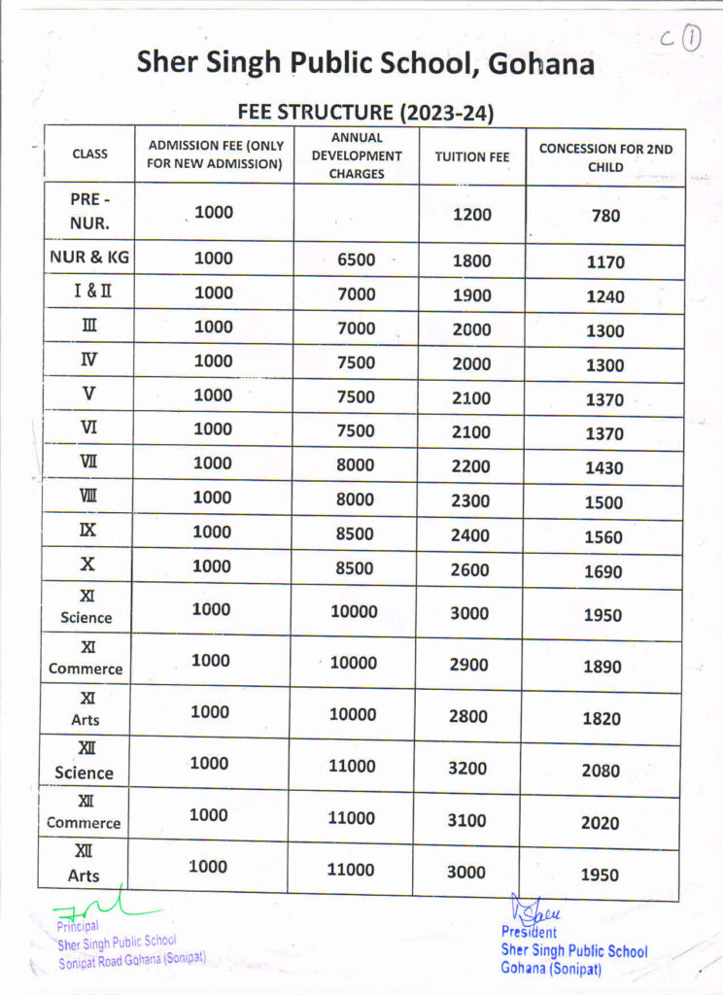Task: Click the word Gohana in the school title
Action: coord(540,65)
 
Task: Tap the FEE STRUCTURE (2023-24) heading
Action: coord(366,113)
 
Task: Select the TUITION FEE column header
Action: coord(472,155)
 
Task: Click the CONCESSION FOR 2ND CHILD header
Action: coord(605,157)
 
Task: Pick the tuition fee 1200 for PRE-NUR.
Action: coord(472,214)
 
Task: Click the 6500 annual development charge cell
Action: coord(356,259)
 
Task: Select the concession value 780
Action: coord(605,216)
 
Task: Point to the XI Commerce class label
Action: coord(86,658)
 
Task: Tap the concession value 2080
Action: coord(601,771)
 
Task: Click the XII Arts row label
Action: coord(84,864)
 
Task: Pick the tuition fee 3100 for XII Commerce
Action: coord(466,820)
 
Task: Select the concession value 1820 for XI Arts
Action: coord(602,718)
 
